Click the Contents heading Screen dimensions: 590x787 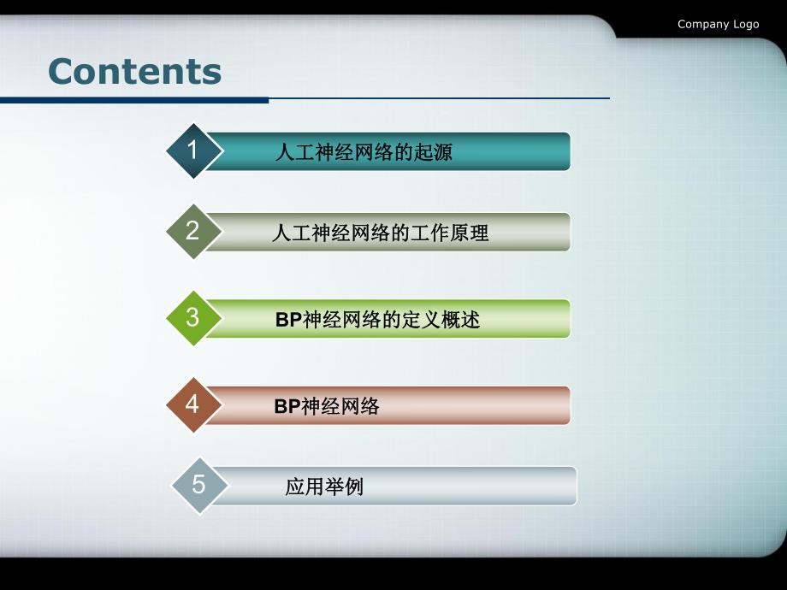click(135, 71)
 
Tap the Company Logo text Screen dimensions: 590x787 click(718, 24)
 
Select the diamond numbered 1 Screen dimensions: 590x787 click(193, 150)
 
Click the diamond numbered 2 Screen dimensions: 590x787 click(193, 231)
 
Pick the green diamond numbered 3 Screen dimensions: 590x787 click(193, 318)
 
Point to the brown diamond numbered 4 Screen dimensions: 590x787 click(193, 404)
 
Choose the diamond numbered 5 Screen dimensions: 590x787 click(199, 486)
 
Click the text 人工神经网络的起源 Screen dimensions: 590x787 click(364, 153)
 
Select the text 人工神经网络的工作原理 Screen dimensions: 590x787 click(380, 233)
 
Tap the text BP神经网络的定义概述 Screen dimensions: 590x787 click(377, 320)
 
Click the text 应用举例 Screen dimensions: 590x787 click(324, 487)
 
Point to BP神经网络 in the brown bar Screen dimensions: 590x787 click(327, 406)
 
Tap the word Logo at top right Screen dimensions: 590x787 click(745, 24)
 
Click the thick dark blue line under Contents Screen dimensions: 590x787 click(134, 100)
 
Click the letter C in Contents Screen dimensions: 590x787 click(62, 71)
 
